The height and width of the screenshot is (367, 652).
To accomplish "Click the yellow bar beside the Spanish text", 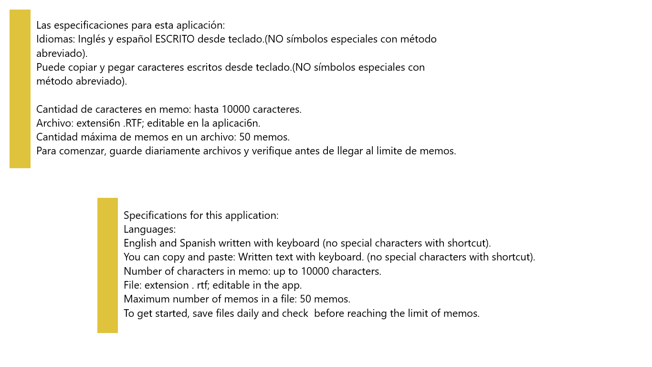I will coord(20,89).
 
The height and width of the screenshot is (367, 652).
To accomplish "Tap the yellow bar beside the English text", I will coord(107,265).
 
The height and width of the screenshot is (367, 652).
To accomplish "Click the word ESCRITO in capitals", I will coord(175,39).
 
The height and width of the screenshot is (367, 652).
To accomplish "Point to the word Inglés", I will coord(92,39).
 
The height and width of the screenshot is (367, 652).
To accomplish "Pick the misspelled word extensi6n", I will coord(98,123).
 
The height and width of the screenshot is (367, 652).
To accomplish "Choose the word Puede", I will coord(49,67).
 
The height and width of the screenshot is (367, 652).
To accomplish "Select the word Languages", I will coord(149,229).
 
